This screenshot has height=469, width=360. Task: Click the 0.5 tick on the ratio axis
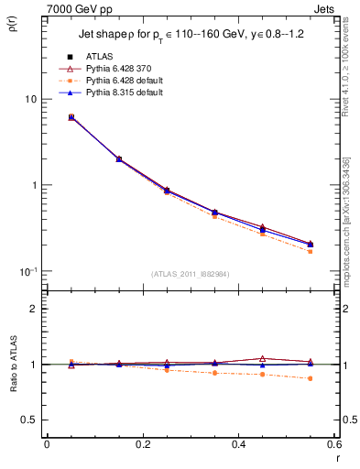pyautogui.click(x=32, y=420)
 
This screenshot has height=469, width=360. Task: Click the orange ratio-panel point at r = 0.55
pyautogui.click(x=311, y=378)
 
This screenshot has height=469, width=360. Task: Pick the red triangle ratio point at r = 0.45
pyautogui.click(x=263, y=359)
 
